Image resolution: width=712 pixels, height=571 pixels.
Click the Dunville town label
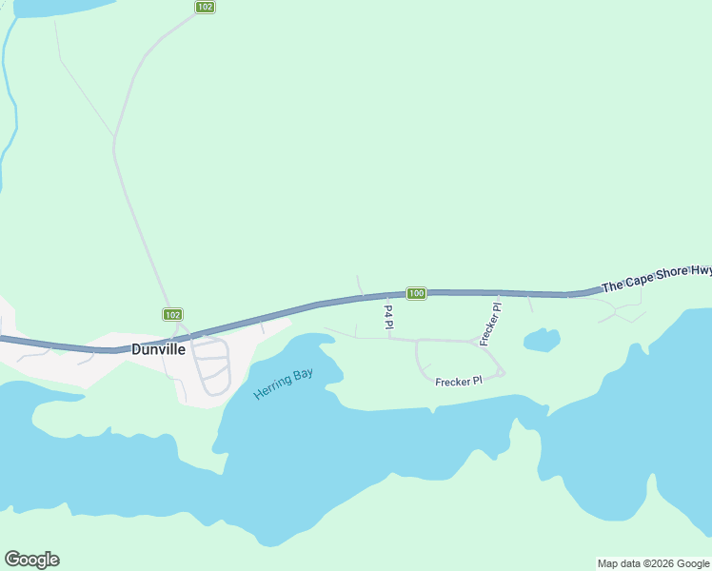(158, 349)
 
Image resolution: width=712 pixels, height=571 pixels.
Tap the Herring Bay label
(283, 384)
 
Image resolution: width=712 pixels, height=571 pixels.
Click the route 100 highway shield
(416, 293)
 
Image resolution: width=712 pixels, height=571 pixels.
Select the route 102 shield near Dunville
(171, 314)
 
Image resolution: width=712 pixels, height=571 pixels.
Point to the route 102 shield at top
(205, 7)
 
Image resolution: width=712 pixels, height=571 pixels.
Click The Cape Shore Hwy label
(656, 278)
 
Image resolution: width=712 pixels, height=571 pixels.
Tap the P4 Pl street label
(388, 318)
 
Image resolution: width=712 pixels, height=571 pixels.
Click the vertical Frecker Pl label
(490, 322)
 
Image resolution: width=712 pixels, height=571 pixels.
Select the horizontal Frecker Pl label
(459, 381)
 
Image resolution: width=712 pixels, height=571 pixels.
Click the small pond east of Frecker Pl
(541, 340)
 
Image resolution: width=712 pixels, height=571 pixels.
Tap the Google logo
(31, 560)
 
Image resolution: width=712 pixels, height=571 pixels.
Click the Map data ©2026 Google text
(653, 563)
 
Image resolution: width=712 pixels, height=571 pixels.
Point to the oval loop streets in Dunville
(211, 365)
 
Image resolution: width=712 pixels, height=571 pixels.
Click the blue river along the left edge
(10, 95)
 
